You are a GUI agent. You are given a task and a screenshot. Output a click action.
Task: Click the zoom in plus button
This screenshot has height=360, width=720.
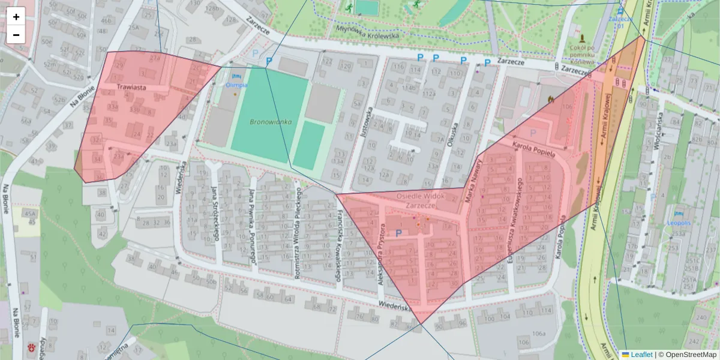[x=16, y=17]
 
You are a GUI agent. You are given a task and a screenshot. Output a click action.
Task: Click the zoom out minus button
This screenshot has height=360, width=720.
[x=16, y=35]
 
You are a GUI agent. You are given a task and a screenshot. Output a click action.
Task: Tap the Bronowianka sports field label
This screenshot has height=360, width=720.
[x=270, y=122]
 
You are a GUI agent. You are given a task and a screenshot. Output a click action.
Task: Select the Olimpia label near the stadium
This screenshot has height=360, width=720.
[x=236, y=85]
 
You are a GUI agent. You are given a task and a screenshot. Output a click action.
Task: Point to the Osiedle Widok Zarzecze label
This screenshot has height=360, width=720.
[x=419, y=200]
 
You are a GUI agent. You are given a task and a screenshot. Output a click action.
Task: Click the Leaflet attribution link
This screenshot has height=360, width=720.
[x=641, y=355]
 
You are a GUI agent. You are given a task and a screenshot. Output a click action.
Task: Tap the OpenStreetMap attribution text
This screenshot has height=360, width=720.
[x=687, y=355]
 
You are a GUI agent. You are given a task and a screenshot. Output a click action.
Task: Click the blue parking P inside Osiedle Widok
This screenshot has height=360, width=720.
[x=398, y=233]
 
